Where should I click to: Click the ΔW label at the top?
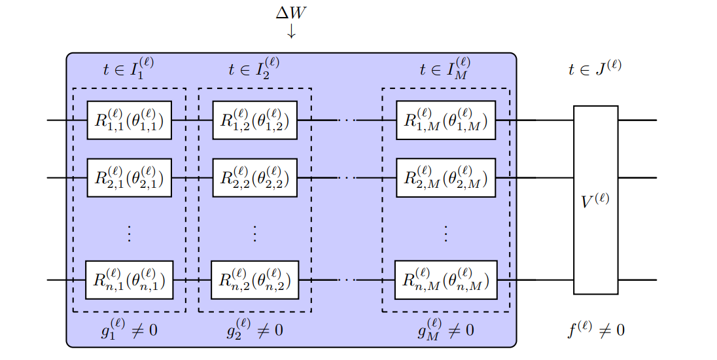coord(291,13)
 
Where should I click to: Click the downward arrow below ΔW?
coord(291,31)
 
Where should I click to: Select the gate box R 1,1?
coord(129,120)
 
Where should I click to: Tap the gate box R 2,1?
coord(129,177)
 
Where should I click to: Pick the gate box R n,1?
coord(129,280)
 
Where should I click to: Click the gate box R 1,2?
coord(255,120)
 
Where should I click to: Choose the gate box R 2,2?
coord(255,177)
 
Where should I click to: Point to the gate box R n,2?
coord(255,280)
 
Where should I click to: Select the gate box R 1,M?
coord(446,120)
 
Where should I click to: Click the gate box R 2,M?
coord(446,177)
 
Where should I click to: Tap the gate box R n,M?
coord(446,280)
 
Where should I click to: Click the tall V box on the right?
coord(595,200)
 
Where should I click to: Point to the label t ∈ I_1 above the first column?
coord(129,69)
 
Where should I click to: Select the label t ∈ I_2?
coord(254,69)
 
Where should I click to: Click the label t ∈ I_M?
coord(446,69)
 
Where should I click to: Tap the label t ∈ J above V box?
coord(595,69)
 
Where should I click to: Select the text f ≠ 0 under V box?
coord(595,329)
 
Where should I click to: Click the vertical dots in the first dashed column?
coord(129,234)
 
